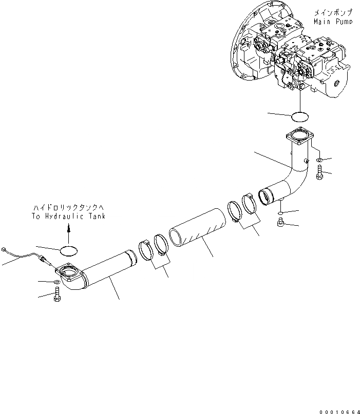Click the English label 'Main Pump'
coord(333,22)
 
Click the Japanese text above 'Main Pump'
coord(333,13)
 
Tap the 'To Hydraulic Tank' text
coord(69,216)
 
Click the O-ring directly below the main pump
coord(300,116)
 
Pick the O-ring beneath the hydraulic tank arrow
coord(69,251)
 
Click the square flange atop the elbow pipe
coord(300,136)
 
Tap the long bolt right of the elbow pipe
coord(319,172)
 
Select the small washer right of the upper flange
coord(319,160)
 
